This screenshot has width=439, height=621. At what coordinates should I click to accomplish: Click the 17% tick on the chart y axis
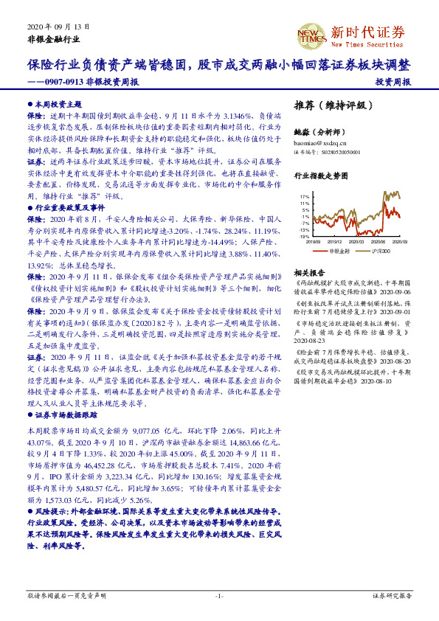tap(305, 198)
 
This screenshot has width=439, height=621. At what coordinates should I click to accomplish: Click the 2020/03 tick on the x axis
tap(357, 240)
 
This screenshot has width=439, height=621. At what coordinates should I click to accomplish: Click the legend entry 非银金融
tap(339, 251)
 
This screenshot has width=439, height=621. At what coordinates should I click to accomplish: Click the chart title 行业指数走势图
tap(319, 176)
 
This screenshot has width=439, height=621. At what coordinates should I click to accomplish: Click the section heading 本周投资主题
tap(54, 105)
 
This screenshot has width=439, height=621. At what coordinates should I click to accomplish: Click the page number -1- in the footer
tap(219, 595)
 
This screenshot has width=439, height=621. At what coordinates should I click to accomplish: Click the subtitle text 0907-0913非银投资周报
tap(93, 82)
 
